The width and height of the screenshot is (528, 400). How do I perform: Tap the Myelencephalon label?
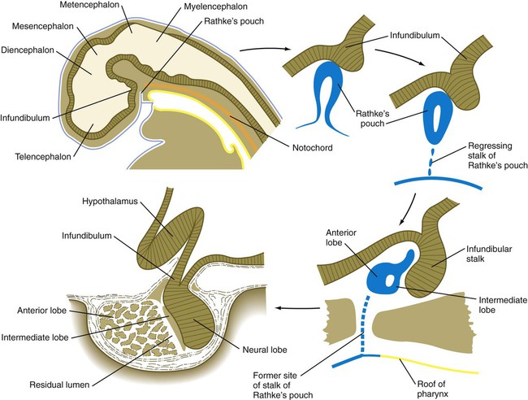point(216,7)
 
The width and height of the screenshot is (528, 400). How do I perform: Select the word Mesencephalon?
point(43,26)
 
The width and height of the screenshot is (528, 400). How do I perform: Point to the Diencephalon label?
point(28,50)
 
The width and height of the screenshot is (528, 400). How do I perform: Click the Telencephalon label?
point(43,157)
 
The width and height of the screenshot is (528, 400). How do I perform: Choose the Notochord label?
point(313,148)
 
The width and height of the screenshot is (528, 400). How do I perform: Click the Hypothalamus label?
point(110,201)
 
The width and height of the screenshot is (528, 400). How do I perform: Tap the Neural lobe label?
point(265,350)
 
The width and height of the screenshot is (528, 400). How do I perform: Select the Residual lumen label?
point(59,385)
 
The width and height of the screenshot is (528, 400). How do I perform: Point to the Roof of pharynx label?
point(432,389)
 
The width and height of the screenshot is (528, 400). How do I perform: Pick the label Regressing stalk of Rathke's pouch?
point(497,155)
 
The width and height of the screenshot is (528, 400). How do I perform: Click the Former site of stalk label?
point(283,385)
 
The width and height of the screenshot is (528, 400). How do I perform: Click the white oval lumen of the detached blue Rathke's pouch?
point(437,120)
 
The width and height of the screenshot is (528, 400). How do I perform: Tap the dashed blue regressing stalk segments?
point(431,162)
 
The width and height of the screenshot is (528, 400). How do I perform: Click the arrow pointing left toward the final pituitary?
point(297,307)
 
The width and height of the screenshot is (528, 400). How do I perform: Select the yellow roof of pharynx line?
point(429,364)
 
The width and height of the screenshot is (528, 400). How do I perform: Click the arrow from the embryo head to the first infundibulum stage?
point(265,50)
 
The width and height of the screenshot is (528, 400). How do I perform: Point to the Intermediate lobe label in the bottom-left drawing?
point(35,337)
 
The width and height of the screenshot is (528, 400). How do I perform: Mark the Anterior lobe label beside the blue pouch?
point(341,237)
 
